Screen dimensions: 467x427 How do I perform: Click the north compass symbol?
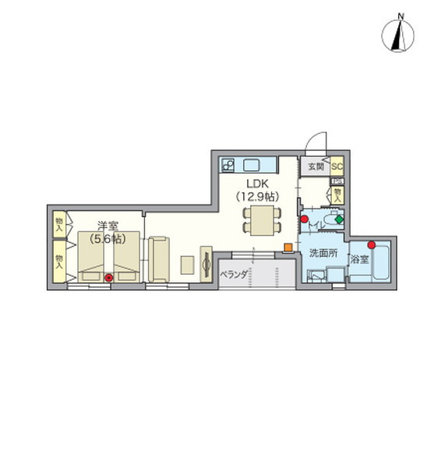398,34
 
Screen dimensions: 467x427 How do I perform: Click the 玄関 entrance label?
315,167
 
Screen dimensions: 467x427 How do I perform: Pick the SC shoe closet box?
337,167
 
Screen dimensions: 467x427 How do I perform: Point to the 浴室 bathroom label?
359,258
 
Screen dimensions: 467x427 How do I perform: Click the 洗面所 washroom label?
322,253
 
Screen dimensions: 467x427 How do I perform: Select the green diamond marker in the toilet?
339,219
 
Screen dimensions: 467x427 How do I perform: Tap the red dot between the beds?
109,276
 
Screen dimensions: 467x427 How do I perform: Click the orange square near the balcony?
287,248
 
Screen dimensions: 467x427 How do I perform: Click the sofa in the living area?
160,261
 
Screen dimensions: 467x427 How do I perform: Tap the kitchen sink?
254,164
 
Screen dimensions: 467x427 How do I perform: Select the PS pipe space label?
337,181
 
